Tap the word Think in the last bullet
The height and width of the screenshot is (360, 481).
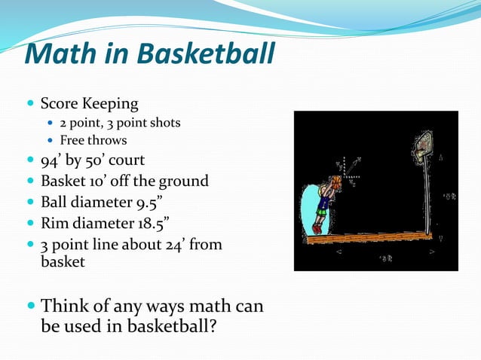66,307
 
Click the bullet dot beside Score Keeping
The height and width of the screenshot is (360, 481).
29,103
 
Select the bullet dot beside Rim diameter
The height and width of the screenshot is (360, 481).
29,224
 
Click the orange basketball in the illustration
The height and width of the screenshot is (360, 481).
335,182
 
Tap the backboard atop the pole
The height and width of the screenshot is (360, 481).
424,144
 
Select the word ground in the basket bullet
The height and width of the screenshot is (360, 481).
182,182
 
